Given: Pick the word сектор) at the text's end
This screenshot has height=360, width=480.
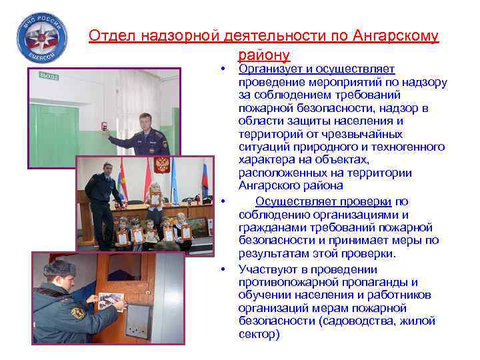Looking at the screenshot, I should tap(259, 334).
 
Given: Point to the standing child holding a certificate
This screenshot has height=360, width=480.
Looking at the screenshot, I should tap(155, 193).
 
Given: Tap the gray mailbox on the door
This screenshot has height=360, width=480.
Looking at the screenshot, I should tap(139, 321).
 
